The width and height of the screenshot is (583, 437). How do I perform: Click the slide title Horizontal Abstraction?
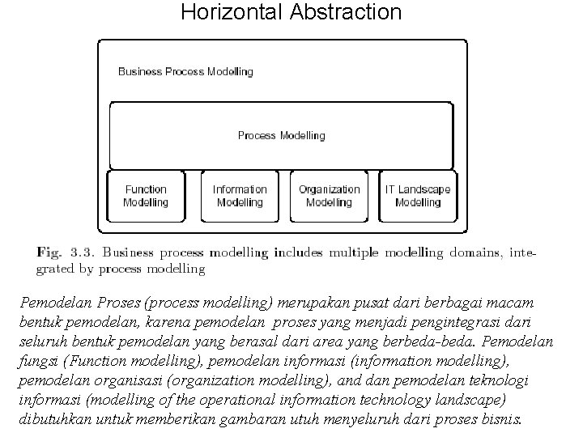[291, 12]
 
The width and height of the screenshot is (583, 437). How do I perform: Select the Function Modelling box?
[146, 196]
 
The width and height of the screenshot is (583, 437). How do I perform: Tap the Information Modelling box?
[240, 196]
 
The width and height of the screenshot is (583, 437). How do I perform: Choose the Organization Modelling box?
[329, 196]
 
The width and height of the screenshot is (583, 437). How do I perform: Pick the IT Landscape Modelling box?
[418, 196]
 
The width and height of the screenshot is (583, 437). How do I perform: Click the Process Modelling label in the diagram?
[281, 135]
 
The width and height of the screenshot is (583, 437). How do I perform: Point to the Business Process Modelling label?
[185, 71]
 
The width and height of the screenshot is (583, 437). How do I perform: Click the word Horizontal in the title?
[229, 12]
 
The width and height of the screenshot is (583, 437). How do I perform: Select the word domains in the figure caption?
[477, 252]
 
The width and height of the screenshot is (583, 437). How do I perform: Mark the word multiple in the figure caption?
[350, 252]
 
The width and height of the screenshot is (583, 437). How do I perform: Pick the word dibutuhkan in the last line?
[53, 420]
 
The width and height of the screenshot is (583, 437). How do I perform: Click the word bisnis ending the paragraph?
[503, 420]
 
